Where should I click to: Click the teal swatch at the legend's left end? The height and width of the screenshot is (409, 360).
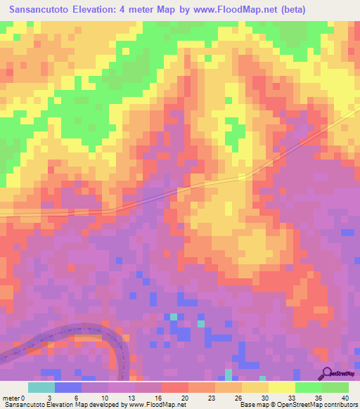pyautogui.click(x=41, y=387)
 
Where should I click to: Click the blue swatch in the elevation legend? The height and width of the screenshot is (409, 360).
pyautogui.click(x=68, y=387)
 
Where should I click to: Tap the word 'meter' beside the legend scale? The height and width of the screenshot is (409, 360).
pyautogui.click(x=11, y=397)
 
